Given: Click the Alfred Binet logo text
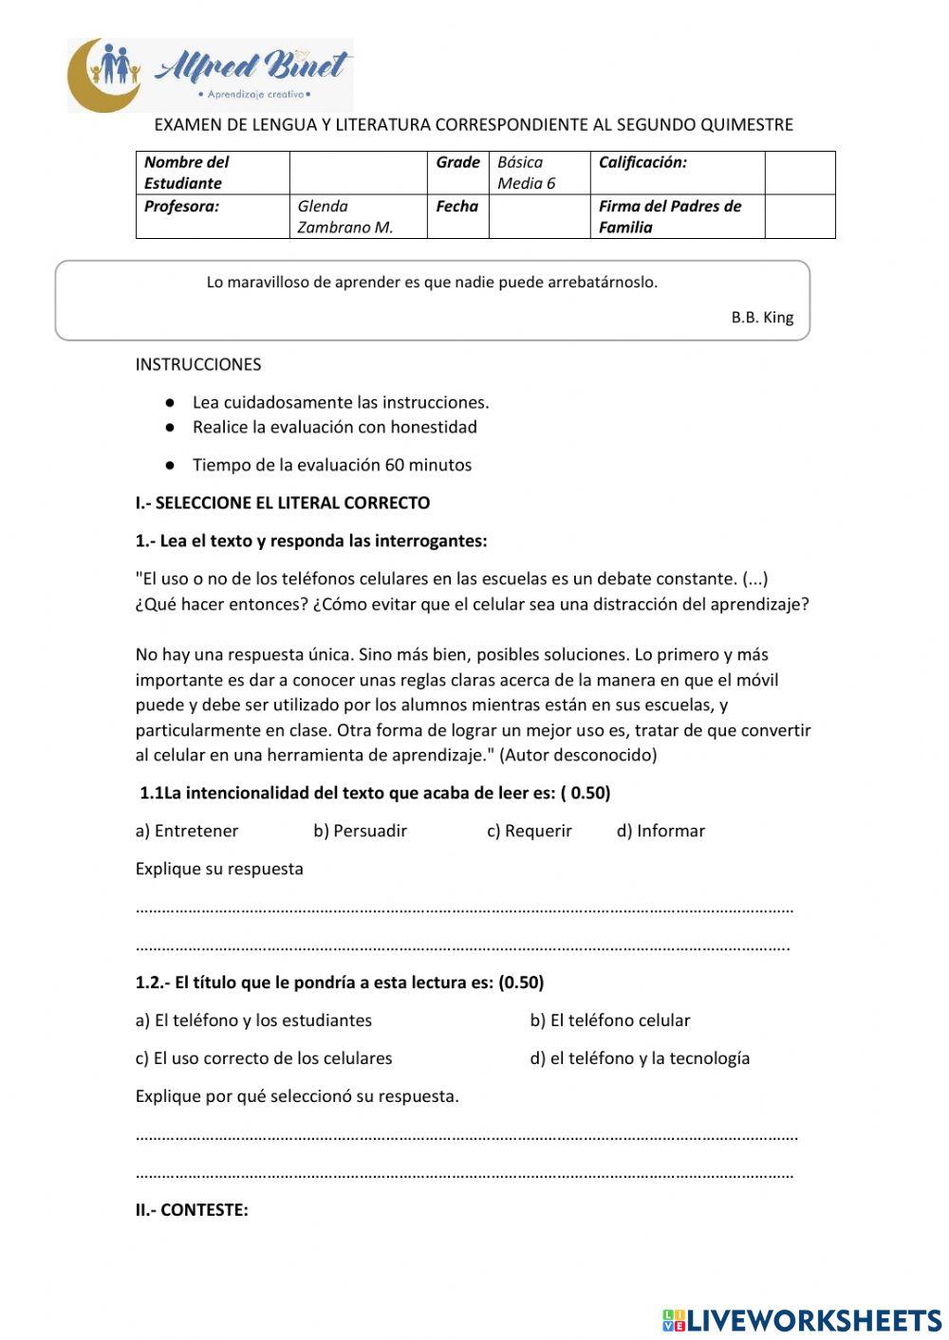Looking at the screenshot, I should tap(251, 66).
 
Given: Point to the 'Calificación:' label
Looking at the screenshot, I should tap(642, 162).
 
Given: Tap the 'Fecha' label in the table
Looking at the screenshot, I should tap(456, 206).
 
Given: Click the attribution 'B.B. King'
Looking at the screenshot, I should tap(762, 318).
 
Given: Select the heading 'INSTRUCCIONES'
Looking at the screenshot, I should tap(198, 364).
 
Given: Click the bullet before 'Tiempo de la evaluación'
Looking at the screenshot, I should tap(170, 466).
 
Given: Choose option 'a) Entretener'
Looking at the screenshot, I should tap(187, 831).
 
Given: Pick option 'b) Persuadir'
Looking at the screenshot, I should tap(360, 831).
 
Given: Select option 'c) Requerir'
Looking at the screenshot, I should tap(530, 831).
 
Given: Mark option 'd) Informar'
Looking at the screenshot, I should tap(661, 831).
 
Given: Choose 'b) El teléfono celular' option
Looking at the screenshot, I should tap(609, 1020).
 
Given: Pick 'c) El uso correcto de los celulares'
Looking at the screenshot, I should tap(264, 1058).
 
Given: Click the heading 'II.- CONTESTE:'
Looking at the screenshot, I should tap(192, 1210).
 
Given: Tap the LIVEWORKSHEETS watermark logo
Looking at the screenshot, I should tap(802, 1320).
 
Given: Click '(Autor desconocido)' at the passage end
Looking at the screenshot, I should tap(578, 755).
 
